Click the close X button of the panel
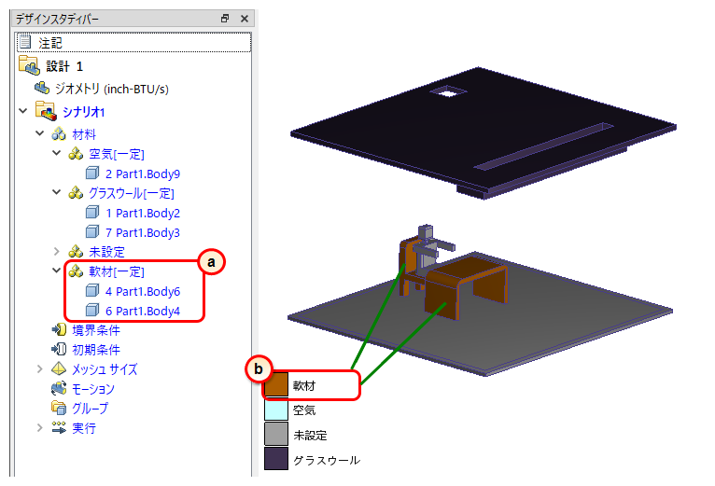pyautogui.click(x=245, y=19)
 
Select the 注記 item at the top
pyautogui.click(x=50, y=43)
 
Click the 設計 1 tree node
pyautogui.click(x=64, y=66)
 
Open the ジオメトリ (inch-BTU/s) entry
pyautogui.click(x=111, y=89)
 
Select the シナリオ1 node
pyautogui.click(x=83, y=112)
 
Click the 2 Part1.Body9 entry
pyautogui.click(x=143, y=174)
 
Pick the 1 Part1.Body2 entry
pyautogui.click(x=143, y=213)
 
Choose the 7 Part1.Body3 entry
pyautogui.click(x=143, y=232)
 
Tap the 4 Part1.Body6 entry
pyautogui.click(x=143, y=291)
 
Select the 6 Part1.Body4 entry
pyautogui.click(x=143, y=311)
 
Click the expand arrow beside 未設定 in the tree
pyautogui.click(x=57, y=252)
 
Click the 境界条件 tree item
pyautogui.click(x=96, y=330)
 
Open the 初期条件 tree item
pyautogui.click(x=96, y=350)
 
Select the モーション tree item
pyautogui.click(x=93, y=389)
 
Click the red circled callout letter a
pyautogui.click(x=211, y=262)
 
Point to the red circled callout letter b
pyautogui.click(x=259, y=368)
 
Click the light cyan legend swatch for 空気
pyautogui.click(x=276, y=410)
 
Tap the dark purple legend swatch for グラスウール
pyautogui.click(x=276, y=458)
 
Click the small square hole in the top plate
pyautogui.click(x=449, y=91)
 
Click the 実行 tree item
pyautogui.click(x=84, y=428)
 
